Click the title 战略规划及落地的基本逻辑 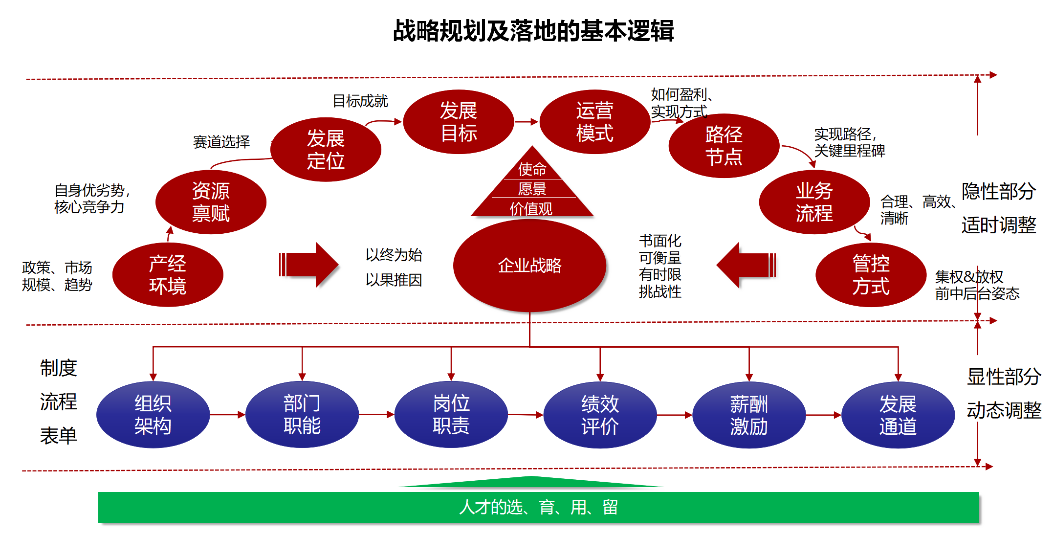click(533, 31)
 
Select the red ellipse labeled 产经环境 click(168, 275)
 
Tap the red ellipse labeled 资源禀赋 click(211, 202)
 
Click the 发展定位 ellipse click(326, 150)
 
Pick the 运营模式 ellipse click(594, 122)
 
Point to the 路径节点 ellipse click(724, 146)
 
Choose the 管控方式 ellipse click(871, 275)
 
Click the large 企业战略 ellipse click(529, 266)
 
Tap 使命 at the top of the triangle click(532, 169)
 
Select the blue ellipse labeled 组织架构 click(153, 415)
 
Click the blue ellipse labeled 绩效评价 click(600, 415)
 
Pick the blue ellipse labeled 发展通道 click(898, 415)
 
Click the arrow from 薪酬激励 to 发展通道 click(823, 415)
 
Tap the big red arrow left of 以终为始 click(308, 265)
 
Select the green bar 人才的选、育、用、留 click(538, 507)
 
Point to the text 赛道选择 click(221, 142)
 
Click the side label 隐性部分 click(998, 191)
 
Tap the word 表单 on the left click(58, 435)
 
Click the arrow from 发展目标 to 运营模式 click(527, 122)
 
